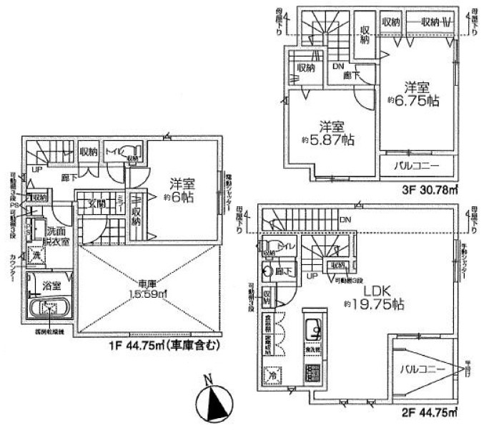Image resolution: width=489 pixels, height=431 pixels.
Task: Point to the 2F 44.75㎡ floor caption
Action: point(429,413)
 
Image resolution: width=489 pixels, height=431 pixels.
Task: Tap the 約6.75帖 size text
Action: point(412,102)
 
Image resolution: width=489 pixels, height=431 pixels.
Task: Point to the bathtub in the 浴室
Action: point(49,309)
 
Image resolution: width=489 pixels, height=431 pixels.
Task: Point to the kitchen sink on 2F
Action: point(313,331)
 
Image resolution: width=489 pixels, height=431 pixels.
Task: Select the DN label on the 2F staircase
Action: point(345,220)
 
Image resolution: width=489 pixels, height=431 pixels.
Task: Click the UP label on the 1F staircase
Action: point(35,170)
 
